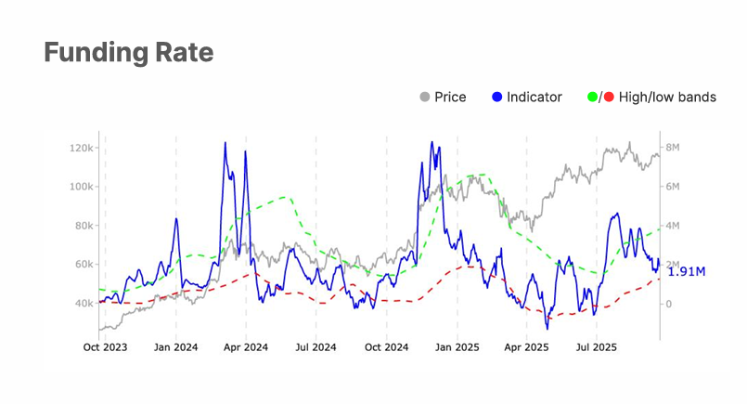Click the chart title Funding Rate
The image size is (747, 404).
tap(129, 53)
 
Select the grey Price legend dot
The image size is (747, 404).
tap(425, 97)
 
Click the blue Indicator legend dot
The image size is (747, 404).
tap(498, 97)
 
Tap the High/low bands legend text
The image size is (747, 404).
tap(669, 97)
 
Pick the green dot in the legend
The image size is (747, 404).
tap(592, 97)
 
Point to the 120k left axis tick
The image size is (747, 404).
tap(82, 148)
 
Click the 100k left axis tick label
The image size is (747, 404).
tap(82, 187)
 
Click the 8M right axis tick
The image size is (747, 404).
tap(676, 148)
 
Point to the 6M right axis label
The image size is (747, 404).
tap(676, 187)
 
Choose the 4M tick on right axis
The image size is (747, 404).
tap(676, 226)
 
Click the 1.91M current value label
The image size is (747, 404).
tap(687, 272)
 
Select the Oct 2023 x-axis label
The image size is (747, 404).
tap(105, 348)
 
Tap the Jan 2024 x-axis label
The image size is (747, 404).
tap(175, 348)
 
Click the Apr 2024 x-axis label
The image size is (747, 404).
tap(245, 348)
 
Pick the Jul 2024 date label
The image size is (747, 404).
tap(316, 348)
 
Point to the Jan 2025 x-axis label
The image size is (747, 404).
tap(456, 348)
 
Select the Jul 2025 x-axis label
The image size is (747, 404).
tap(595, 348)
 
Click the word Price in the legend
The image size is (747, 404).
tap(450, 97)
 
